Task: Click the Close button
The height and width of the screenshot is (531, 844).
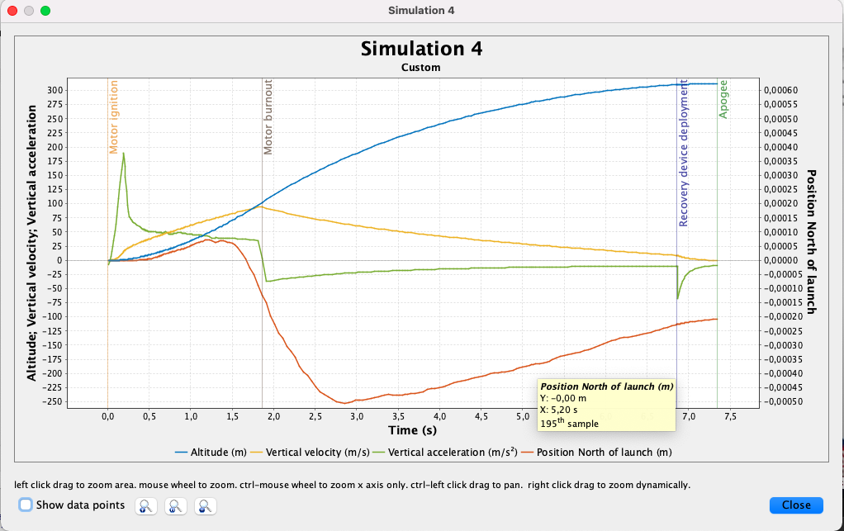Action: tap(796, 505)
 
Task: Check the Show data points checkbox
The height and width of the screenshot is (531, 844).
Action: tap(26, 505)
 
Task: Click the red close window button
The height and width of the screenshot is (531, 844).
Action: tap(12, 11)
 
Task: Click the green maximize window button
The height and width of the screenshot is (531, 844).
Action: tap(45, 11)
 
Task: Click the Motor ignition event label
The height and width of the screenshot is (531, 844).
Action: tap(114, 116)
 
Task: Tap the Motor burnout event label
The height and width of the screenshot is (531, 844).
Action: tap(268, 117)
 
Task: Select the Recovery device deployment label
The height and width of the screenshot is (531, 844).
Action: tap(684, 154)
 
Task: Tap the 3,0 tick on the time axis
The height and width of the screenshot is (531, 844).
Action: tap(356, 416)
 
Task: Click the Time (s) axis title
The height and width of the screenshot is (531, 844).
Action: tap(412, 430)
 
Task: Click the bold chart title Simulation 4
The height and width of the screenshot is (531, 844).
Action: tap(421, 49)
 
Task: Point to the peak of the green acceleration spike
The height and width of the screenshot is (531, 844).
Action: tap(124, 153)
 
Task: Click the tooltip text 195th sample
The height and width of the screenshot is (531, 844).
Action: tap(569, 424)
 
